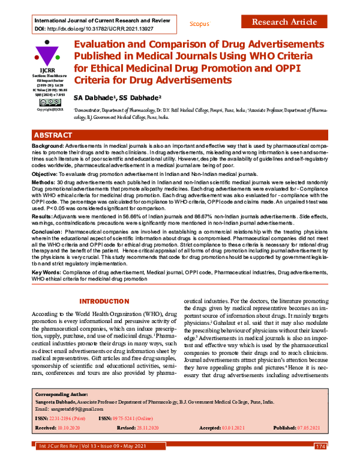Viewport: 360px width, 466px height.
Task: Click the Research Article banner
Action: coord(284,22)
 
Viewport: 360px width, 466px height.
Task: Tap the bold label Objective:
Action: coord(47,174)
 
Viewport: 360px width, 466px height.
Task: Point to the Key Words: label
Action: coord(49,272)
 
